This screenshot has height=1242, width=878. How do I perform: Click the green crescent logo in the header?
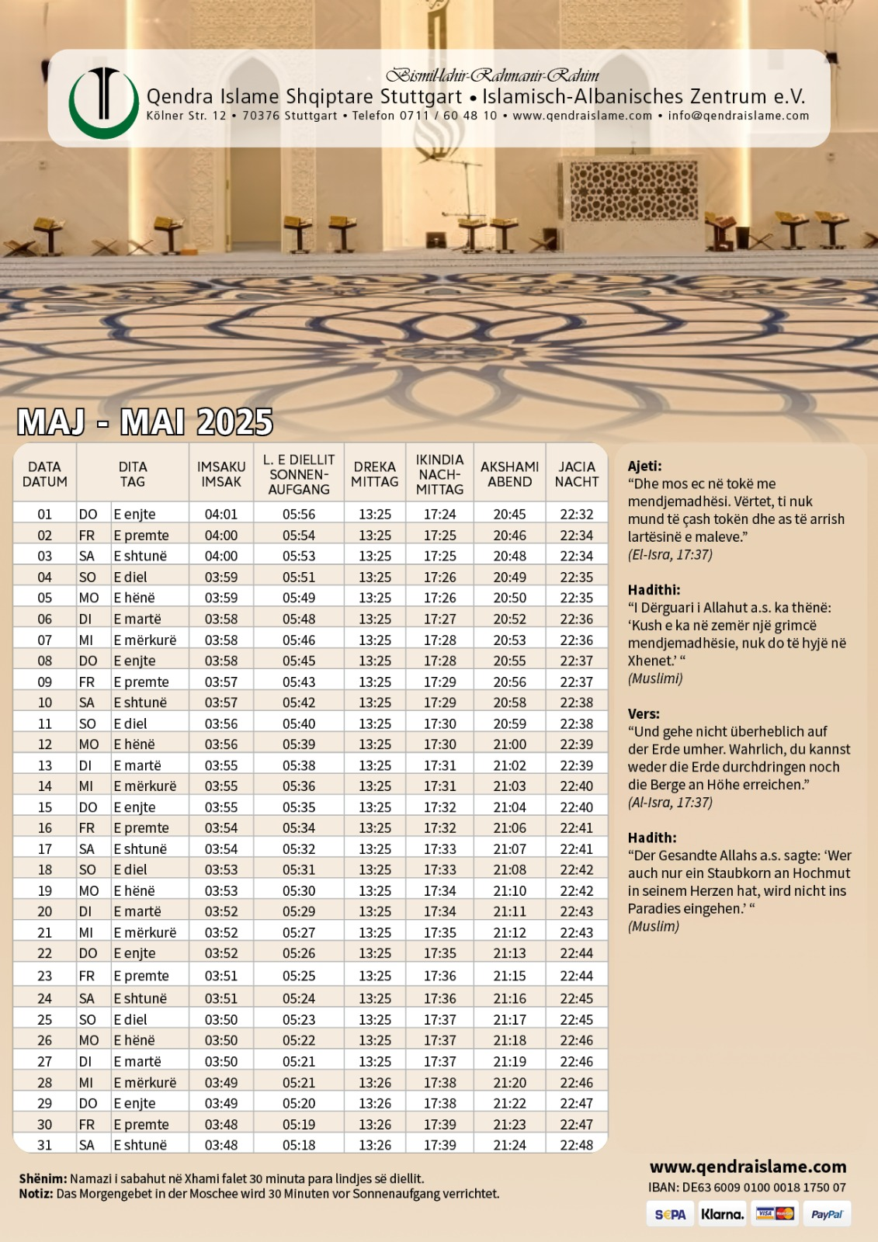tap(103, 103)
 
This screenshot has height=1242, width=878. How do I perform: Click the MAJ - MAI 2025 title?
tap(145, 422)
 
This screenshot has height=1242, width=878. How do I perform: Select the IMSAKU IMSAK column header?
tap(221, 474)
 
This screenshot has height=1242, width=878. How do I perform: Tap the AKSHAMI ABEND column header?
tap(509, 474)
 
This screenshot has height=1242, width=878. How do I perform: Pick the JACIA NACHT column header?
tap(577, 474)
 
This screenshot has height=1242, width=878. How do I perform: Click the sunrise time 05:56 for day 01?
tap(299, 514)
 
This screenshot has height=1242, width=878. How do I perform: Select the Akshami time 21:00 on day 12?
tap(509, 744)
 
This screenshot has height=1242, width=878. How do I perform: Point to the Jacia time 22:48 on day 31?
tap(577, 1145)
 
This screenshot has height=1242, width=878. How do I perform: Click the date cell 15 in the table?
tap(45, 807)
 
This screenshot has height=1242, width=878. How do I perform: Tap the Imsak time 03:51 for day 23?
tap(221, 976)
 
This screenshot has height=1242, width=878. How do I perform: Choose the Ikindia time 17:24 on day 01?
tap(439, 514)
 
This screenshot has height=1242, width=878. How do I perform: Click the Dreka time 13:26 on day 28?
tap(375, 1082)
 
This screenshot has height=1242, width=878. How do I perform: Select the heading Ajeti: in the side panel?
tap(644, 466)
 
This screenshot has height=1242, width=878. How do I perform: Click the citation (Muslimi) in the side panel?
tap(655, 678)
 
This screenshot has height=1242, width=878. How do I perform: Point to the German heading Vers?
tap(644, 713)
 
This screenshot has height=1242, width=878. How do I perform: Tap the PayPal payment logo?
tap(826, 1214)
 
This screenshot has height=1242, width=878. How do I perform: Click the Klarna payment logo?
tap(722, 1214)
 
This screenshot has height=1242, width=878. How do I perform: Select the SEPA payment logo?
tap(670, 1214)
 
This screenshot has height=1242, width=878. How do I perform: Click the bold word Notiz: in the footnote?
tap(36, 1193)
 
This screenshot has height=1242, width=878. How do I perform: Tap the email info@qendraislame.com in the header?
tap(738, 116)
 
